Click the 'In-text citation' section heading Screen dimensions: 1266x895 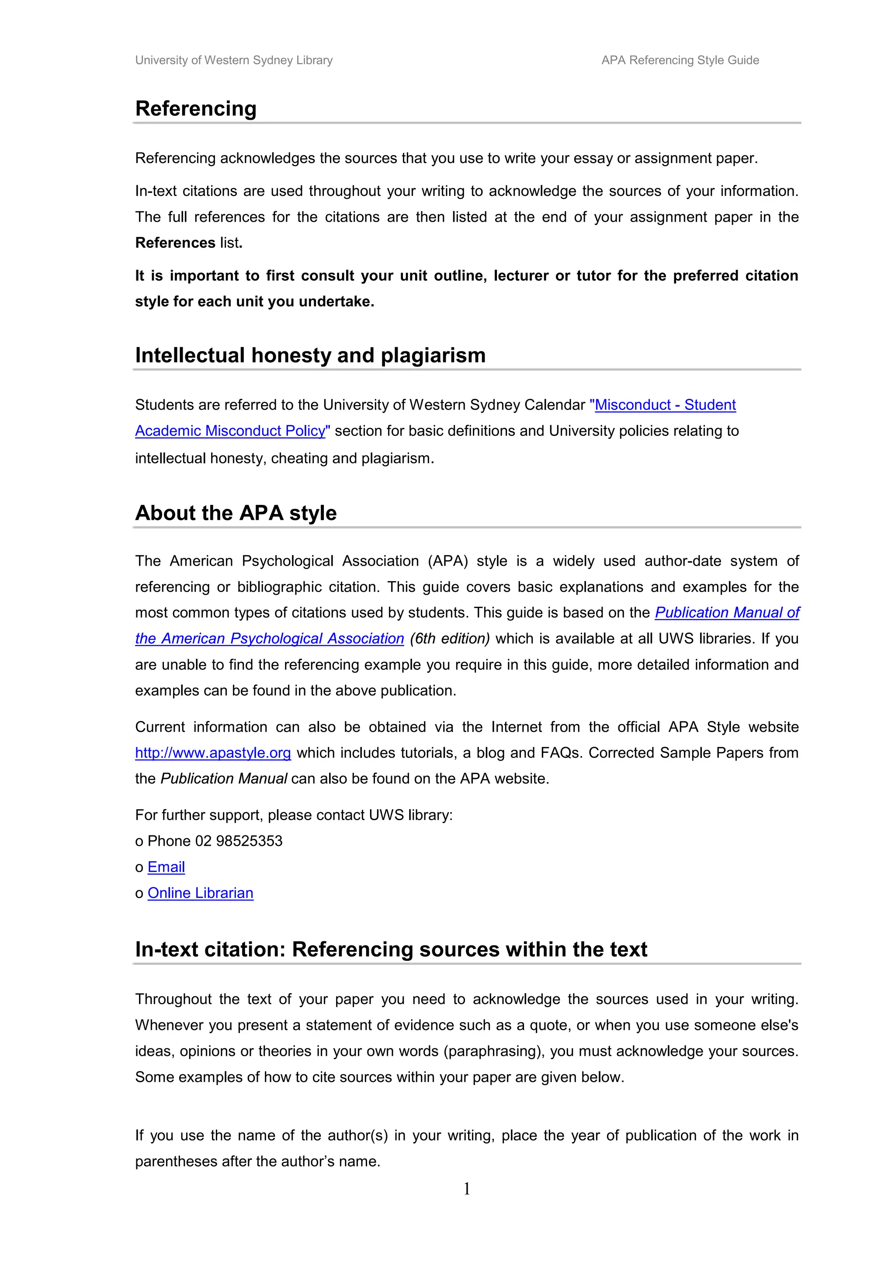[391, 949]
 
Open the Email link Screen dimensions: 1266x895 [166, 867]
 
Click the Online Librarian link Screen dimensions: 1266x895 [200, 893]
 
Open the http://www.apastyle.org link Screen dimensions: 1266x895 [213, 753]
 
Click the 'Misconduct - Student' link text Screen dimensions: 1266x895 [665, 405]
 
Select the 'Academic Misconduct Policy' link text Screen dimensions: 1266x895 [230, 431]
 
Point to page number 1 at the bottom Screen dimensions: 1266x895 [467, 1189]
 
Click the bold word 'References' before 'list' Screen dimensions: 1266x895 [175, 243]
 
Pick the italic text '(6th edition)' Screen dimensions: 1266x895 [450, 639]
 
